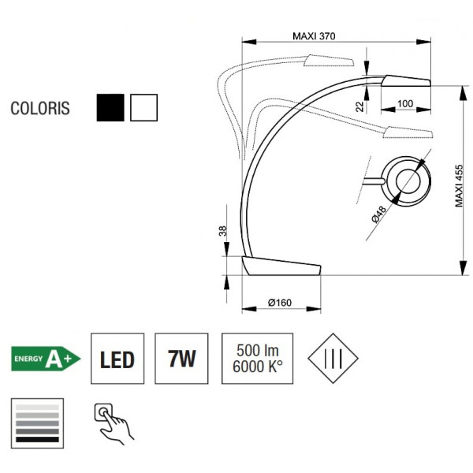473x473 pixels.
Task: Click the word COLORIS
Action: pyautogui.click(x=40, y=109)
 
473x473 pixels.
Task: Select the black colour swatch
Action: pyautogui.click(x=110, y=108)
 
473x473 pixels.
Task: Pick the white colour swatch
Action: pyautogui.click(x=144, y=108)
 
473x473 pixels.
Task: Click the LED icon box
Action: pyautogui.click(x=117, y=360)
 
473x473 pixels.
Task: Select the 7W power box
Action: pyautogui.click(x=182, y=360)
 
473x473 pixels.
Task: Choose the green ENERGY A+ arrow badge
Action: pyautogui.click(x=46, y=359)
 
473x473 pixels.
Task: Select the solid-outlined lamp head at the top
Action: pyautogui.click(x=406, y=81)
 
